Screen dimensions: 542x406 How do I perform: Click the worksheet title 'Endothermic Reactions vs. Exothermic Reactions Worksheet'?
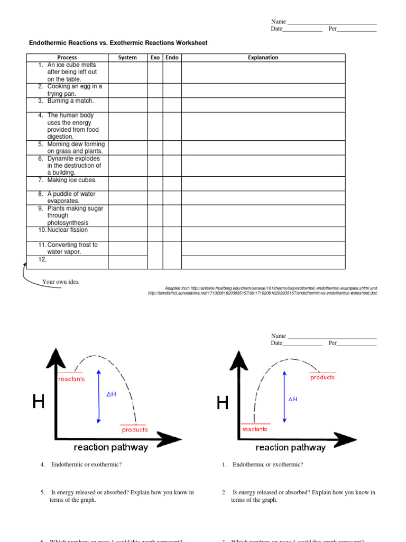point(118,43)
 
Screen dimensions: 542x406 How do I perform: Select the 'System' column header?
point(127,58)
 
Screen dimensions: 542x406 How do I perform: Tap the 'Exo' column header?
point(155,58)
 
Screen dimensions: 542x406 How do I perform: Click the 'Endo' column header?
point(172,58)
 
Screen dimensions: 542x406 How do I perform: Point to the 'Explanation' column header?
point(263,58)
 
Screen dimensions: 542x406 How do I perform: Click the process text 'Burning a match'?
point(70,101)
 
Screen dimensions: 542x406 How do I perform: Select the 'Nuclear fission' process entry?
point(67,230)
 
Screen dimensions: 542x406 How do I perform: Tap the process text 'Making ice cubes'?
point(72,180)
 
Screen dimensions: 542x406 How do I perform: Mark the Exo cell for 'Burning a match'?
point(155,104)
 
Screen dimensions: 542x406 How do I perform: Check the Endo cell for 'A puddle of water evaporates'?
point(172,197)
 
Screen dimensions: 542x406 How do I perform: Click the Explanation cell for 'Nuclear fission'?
point(263,234)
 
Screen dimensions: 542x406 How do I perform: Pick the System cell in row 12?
point(127,263)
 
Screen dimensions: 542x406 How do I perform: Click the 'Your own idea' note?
point(60,282)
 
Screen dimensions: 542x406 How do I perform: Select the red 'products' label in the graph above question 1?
point(322,377)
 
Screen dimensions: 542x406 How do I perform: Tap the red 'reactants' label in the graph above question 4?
point(71,379)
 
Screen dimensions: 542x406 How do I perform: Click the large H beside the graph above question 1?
point(223,404)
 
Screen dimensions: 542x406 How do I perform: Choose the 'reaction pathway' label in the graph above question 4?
point(111,448)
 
